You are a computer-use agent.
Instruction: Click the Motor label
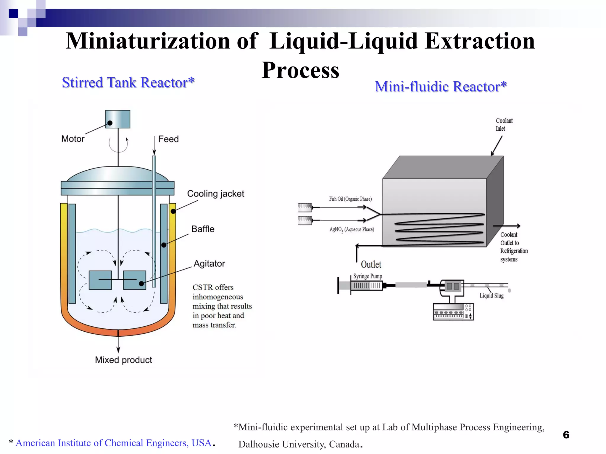[73, 139]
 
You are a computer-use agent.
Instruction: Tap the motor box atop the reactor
[118, 119]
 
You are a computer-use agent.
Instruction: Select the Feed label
[168, 139]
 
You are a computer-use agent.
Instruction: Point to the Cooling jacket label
[215, 194]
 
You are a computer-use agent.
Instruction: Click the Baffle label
[203, 229]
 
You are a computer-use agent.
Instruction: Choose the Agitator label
[209, 263]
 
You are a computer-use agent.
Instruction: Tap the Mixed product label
[123, 360]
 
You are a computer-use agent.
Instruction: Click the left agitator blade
[100, 280]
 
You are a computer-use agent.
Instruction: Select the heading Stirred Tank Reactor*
[128, 82]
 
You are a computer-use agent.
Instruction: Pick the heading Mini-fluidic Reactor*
[441, 87]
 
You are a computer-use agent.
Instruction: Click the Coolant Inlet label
[504, 124]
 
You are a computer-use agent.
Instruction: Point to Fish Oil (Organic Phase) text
[350, 199]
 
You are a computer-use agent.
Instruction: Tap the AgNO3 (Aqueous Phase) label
[352, 229]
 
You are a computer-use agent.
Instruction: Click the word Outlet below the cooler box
[371, 264]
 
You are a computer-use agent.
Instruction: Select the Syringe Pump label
[368, 276]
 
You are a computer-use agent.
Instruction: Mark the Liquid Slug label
[491, 296]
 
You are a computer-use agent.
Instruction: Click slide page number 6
[566, 435]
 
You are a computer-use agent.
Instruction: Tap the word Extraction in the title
[480, 41]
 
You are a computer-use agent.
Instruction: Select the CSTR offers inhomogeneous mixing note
[222, 306]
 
